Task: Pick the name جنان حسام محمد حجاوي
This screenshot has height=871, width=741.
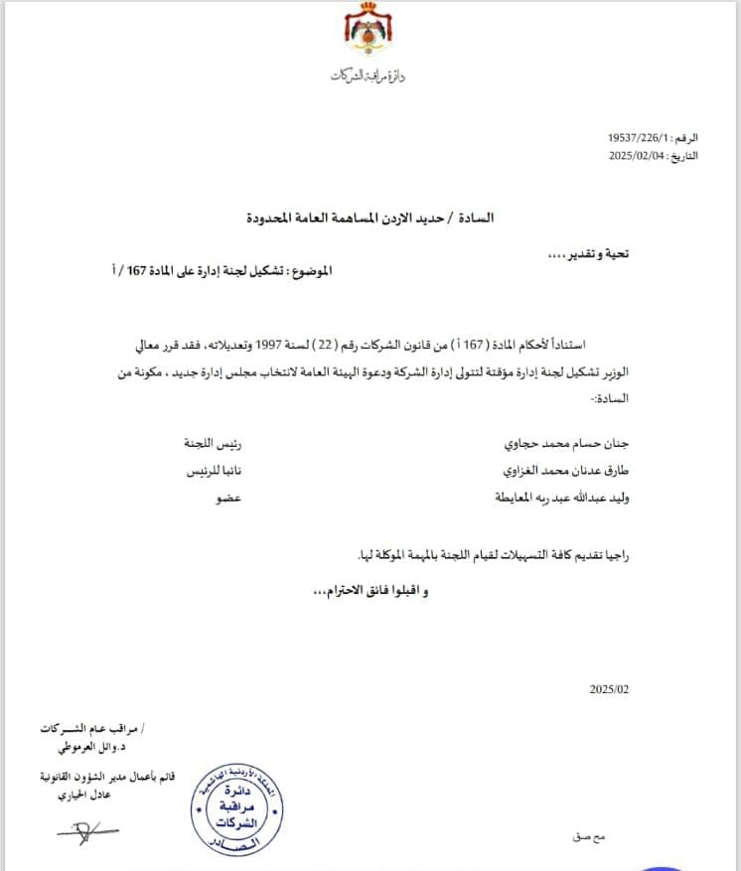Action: tap(567, 441)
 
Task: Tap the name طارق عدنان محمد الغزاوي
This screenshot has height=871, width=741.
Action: tap(562, 470)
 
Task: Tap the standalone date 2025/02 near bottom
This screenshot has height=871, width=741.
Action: tap(609, 688)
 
